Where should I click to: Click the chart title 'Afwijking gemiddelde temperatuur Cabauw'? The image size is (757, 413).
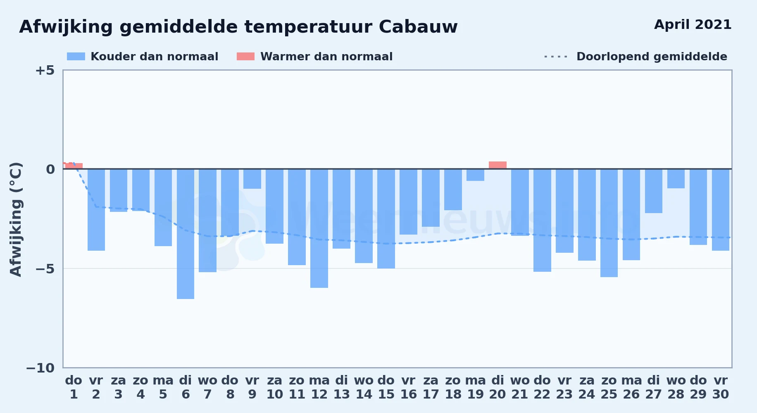(x=238, y=27)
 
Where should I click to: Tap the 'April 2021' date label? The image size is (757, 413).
(x=693, y=24)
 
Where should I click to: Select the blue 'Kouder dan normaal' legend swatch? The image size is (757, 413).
(x=76, y=57)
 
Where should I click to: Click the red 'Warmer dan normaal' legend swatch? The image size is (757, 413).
(x=245, y=57)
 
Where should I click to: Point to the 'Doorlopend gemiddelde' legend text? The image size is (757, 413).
(x=652, y=57)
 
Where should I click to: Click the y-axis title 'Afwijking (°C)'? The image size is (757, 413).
(x=16, y=219)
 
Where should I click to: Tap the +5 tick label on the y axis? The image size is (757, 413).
(x=45, y=70)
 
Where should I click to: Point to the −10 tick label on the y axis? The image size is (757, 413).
(x=40, y=368)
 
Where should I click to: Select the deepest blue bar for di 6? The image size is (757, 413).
(x=186, y=234)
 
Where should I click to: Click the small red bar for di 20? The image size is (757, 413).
(x=498, y=165)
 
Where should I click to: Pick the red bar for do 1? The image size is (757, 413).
(x=74, y=166)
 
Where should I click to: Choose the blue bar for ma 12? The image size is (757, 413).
(x=319, y=228)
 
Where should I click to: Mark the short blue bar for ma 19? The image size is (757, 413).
(x=475, y=175)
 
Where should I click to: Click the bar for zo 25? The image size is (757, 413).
(x=609, y=223)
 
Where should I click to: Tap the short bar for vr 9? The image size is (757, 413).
(x=252, y=179)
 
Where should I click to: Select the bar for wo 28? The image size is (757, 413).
(x=676, y=178)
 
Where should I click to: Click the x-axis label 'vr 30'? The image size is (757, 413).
(x=721, y=387)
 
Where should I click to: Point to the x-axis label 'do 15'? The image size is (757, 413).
(x=386, y=387)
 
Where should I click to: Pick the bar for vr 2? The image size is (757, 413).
(x=96, y=210)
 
